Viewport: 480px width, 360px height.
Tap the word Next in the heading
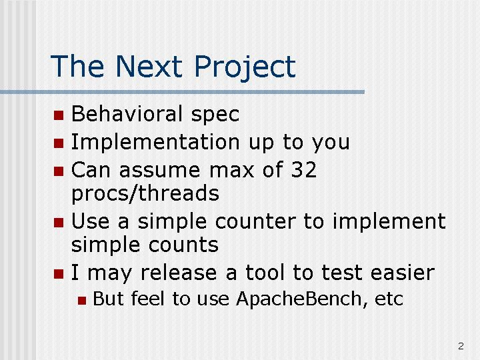(x=149, y=66)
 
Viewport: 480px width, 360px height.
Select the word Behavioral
(x=127, y=113)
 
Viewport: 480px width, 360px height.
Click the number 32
(x=304, y=169)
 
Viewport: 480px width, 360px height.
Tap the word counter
(x=255, y=221)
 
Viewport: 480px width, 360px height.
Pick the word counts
(x=183, y=245)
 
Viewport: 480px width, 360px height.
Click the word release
(x=179, y=273)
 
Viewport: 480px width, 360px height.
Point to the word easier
(x=402, y=273)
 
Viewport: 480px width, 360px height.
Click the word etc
(x=389, y=299)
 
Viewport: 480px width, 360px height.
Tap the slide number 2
(x=461, y=346)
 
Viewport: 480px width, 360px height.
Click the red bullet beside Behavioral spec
(x=59, y=115)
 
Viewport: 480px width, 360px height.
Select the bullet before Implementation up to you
(x=59, y=143)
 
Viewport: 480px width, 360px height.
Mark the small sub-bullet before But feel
(x=82, y=300)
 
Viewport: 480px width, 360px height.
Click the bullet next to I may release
(x=59, y=274)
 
